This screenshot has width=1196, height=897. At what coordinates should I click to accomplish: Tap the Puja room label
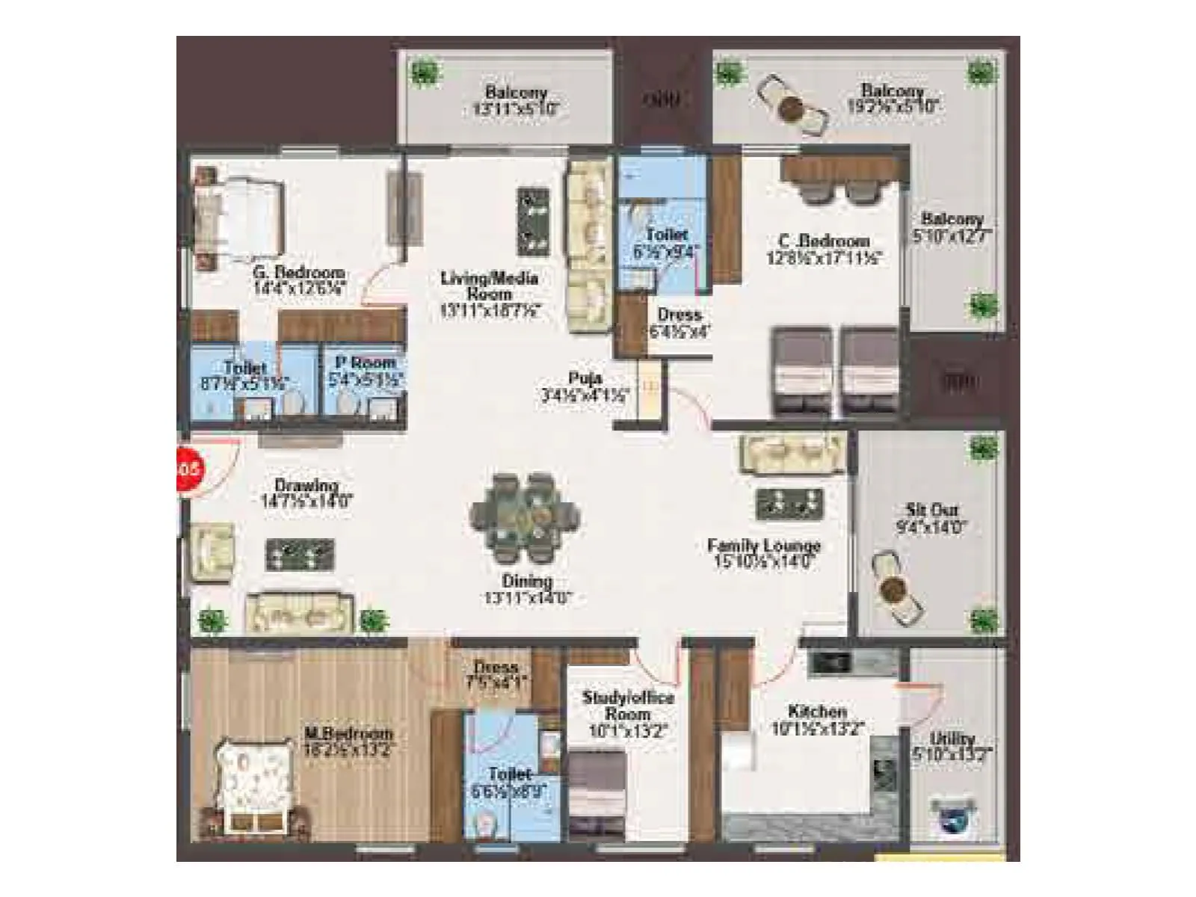(585, 378)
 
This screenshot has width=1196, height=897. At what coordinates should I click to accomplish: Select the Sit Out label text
(931, 511)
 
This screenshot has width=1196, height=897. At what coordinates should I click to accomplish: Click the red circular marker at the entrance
(188, 469)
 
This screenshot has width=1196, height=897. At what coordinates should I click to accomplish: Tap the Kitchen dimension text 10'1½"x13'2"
(818, 728)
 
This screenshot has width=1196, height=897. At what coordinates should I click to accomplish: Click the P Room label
(366, 363)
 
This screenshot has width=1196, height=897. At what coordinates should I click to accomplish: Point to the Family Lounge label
(764, 546)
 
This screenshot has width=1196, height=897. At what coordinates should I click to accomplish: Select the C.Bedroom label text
(824, 241)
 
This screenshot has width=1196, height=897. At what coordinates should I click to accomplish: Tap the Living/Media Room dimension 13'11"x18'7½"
(490, 310)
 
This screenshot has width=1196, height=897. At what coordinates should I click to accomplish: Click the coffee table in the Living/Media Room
(534, 221)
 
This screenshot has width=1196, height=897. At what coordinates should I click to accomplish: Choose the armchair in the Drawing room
(213, 552)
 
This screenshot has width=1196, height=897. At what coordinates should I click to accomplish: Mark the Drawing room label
(306, 485)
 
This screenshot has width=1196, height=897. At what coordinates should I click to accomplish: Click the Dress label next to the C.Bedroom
(679, 315)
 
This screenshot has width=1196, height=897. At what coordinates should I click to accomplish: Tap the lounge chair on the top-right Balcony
(792, 106)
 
